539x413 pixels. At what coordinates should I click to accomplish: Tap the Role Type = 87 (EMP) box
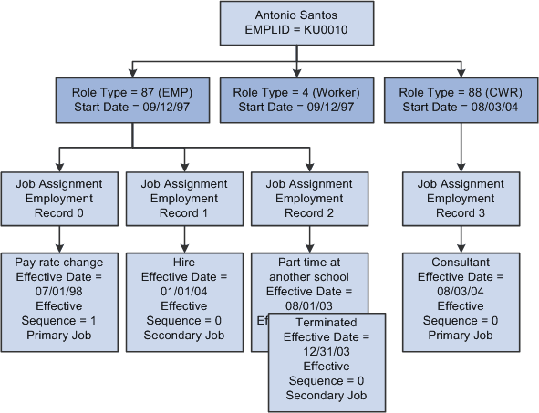(132, 100)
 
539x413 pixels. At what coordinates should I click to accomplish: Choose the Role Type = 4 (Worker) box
(296, 100)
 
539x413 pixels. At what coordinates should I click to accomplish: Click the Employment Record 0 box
(59, 198)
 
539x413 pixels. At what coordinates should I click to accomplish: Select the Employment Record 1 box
(184, 198)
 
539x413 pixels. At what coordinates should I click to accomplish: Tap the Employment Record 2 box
(309, 198)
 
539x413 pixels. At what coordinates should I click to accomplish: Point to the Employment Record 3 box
(461, 198)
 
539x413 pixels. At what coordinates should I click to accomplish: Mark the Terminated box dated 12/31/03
(327, 360)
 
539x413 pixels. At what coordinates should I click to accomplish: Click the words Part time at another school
(309, 270)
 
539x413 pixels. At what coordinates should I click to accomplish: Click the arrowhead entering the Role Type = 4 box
(296, 73)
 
